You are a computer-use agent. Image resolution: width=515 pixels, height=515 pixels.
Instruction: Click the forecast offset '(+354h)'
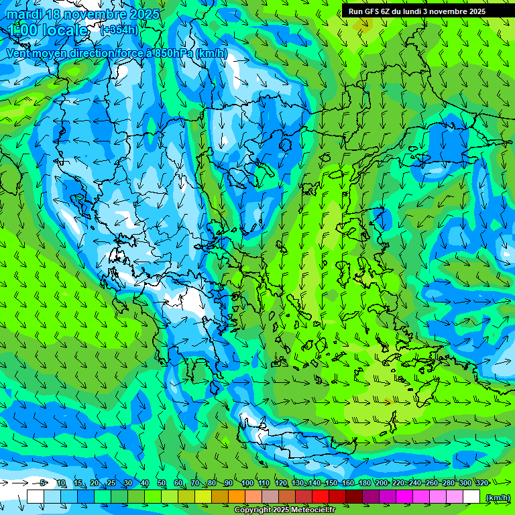119,30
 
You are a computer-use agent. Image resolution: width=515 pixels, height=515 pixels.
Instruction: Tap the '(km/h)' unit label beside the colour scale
497,497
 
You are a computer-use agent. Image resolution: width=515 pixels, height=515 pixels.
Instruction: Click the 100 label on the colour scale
247,483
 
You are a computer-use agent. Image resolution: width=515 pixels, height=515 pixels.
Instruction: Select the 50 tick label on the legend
162,483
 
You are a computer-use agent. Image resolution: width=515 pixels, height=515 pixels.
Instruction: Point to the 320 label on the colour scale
481,483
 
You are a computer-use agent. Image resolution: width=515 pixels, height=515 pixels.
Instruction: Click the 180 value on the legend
365,483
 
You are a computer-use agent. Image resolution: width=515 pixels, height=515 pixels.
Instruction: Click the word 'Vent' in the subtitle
19,53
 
